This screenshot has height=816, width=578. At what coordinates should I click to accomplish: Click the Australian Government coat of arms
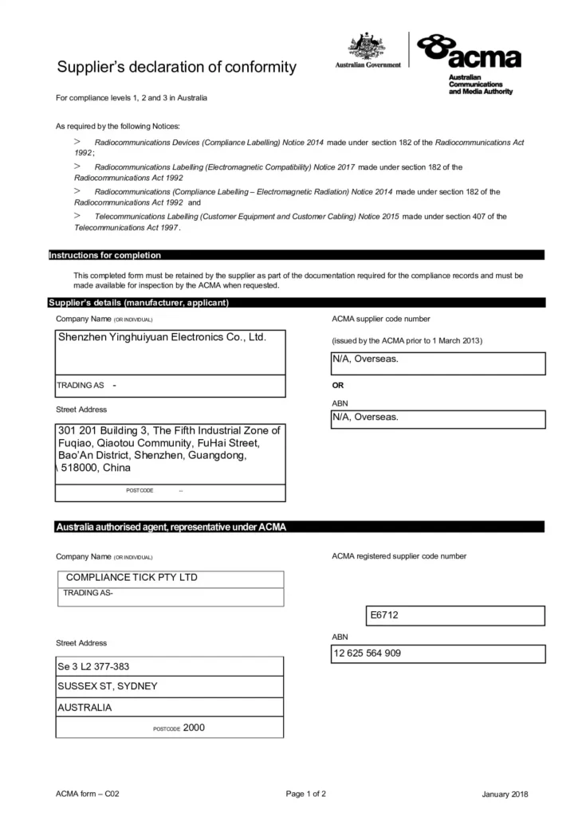(x=368, y=46)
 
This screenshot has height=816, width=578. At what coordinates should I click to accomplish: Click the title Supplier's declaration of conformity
(x=176, y=67)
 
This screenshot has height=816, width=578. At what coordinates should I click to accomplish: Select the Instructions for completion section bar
(x=105, y=255)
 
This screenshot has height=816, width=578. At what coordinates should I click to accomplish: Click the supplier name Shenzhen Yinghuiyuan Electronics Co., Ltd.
(x=161, y=337)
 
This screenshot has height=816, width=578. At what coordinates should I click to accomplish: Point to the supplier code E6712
(x=383, y=616)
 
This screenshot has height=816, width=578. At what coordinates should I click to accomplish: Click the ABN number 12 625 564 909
(x=368, y=653)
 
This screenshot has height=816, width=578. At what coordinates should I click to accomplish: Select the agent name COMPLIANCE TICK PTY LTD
(x=132, y=577)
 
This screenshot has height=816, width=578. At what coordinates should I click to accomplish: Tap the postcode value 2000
(x=194, y=727)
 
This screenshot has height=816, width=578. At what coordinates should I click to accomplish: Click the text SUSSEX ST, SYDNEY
(x=108, y=686)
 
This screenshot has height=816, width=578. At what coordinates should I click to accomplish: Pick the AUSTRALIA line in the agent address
(x=85, y=707)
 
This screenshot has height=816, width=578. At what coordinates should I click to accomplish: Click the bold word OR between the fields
(x=338, y=385)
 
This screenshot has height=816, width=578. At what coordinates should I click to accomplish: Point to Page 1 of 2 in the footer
(x=305, y=794)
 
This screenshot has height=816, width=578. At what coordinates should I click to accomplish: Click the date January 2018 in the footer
(x=505, y=794)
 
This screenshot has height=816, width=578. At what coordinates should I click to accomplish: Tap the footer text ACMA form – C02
(x=88, y=794)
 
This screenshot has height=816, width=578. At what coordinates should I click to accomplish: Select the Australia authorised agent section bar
(x=171, y=527)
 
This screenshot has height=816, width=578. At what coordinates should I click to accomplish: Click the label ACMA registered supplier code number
(x=399, y=556)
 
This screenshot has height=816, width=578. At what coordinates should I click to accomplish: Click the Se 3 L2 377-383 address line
(x=93, y=665)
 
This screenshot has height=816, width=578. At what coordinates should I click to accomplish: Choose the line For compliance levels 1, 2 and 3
(x=132, y=98)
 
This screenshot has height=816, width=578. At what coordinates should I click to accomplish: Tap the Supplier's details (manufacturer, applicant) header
(x=139, y=303)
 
